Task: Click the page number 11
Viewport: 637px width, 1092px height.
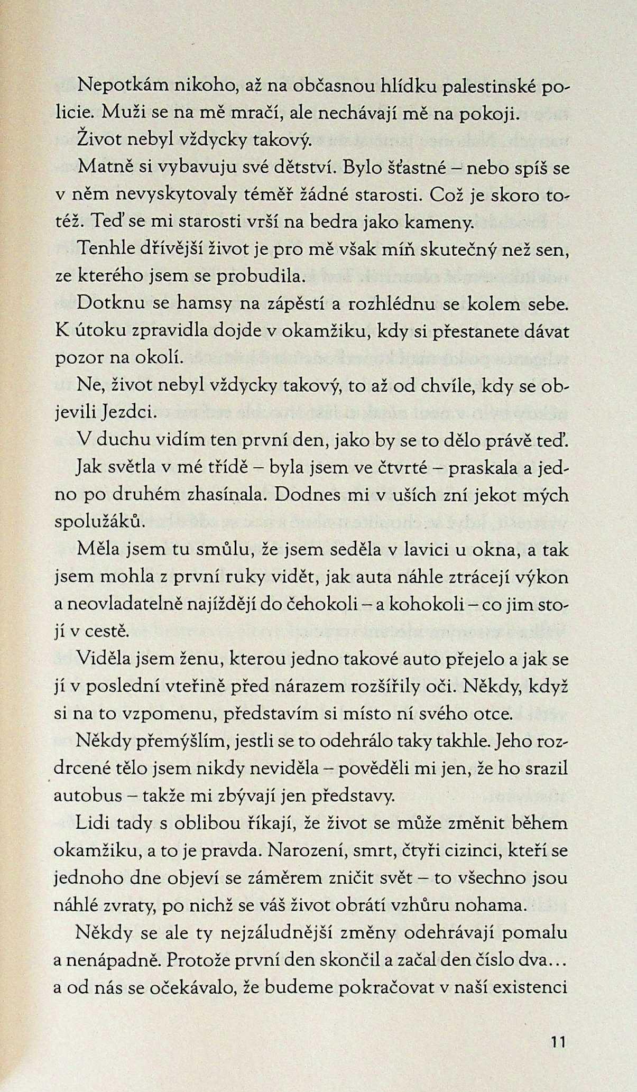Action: coord(558,1042)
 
